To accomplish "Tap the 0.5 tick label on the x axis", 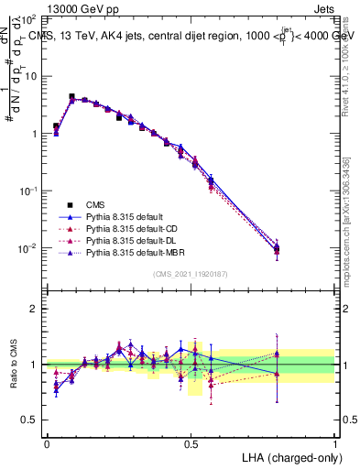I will [x=191, y=442].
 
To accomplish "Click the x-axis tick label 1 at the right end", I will [x=335, y=442].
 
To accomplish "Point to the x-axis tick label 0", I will [x=47, y=442].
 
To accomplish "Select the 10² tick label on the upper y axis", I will [x=30, y=19].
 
